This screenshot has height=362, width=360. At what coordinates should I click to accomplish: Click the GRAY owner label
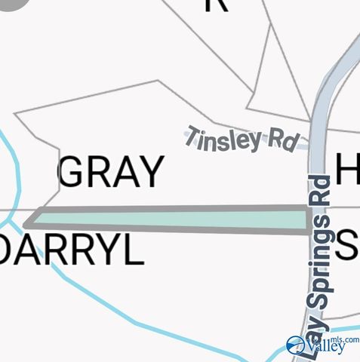click(x=111, y=173)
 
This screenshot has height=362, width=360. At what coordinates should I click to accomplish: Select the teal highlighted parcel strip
click(x=170, y=219)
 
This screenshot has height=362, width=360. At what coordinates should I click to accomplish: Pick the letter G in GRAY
click(x=72, y=173)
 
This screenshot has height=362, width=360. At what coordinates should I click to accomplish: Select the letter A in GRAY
click(x=123, y=173)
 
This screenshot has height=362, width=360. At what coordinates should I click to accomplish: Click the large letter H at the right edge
click(x=348, y=169)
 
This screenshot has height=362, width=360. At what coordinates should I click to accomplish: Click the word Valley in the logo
click(x=326, y=348)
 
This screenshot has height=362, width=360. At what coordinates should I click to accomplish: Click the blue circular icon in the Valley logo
click(x=295, y=346)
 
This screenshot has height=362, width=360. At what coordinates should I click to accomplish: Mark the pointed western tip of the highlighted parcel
click(x=26, y=223)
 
